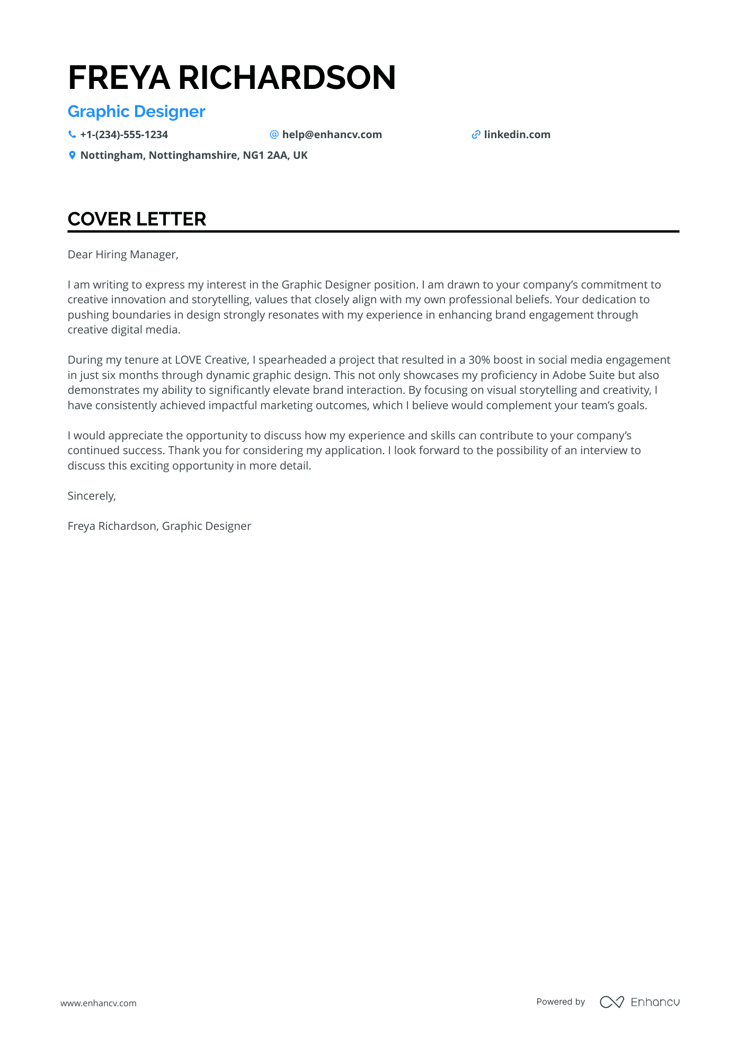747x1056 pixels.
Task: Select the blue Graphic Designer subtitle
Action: (136, 112)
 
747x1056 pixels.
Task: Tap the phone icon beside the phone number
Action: (72, 134)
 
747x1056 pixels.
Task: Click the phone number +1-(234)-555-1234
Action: (124, 134)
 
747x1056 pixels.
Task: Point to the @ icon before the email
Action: (274, 134)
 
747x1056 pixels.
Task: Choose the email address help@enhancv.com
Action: (332, 134)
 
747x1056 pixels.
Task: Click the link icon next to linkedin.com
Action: (476, 135)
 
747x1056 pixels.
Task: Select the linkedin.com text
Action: (517, 134)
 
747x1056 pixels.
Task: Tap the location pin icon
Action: (72, 156)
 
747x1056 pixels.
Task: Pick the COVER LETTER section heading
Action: (137, 219)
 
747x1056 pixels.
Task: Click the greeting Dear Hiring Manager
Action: (123, 255)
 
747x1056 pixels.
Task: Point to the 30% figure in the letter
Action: (479, 360)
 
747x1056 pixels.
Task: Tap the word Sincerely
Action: (91, 496)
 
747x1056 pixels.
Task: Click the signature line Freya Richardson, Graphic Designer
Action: (159, 526)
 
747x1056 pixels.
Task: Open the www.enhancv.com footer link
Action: (98, 1003)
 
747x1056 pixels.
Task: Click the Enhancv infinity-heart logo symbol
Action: (611, 1002)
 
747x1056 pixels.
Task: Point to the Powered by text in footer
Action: (561, 1001)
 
